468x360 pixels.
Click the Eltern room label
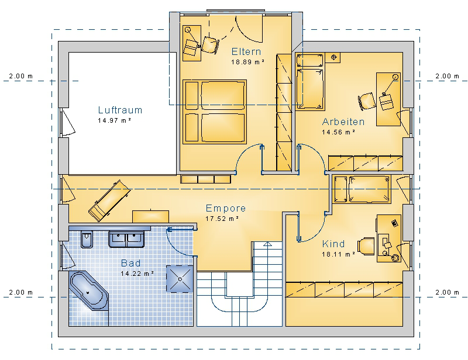246,51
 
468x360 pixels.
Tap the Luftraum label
120,110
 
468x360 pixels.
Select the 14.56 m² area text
338,132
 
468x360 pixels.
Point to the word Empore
226,208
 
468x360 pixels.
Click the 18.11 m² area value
338,254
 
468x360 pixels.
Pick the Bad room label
130,263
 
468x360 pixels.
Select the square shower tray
180,279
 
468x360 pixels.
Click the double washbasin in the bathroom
126,239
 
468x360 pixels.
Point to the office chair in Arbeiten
367,101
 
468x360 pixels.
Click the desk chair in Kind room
366,247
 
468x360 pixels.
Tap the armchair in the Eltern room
211,45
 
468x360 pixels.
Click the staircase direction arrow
268,244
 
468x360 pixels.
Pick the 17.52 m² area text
222,219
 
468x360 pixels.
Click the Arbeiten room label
343,122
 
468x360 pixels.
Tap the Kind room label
333,244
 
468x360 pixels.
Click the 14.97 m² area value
114,120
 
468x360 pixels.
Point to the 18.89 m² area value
247,62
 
